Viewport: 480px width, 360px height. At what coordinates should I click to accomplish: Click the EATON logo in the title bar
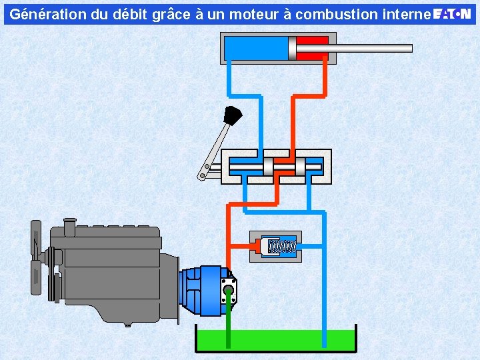point(452,14)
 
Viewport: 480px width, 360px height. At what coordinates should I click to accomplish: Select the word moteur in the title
point(255,15)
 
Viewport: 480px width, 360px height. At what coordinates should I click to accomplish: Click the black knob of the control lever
point(233,115)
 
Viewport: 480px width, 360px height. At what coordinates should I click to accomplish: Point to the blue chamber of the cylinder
point(257,49)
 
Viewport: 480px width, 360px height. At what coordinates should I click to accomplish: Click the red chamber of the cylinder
point(312,49)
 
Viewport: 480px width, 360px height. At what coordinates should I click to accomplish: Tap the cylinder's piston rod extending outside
point(354,49)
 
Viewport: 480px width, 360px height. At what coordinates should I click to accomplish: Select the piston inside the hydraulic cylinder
point(293,49)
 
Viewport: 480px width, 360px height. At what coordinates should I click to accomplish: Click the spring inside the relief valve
point(282,246)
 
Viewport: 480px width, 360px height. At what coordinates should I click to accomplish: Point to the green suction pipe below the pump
point(229,319)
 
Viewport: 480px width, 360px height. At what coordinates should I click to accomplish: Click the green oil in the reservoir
point(276,341)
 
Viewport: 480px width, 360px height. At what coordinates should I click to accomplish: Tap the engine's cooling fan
point(37,258)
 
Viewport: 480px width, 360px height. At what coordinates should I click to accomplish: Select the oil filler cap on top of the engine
point(70,227)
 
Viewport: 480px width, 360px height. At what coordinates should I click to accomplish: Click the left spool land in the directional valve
point(268,167)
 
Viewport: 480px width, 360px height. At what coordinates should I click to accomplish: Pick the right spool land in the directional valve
point(300,167)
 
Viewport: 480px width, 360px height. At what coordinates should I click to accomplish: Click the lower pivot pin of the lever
point(202,176)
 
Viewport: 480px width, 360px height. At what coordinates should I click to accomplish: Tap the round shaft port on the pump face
point(229,289)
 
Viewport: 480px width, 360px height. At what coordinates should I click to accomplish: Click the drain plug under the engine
point(128,325)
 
